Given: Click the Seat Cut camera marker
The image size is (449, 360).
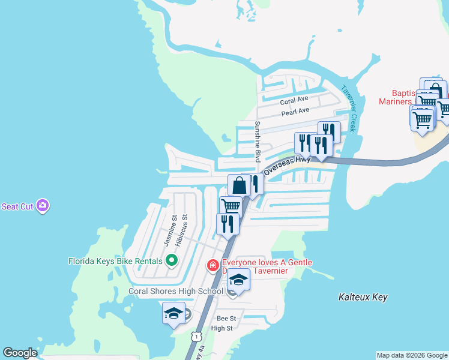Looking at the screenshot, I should coord(43,206).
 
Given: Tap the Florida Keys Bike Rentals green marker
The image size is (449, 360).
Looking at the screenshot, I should coord(172,261).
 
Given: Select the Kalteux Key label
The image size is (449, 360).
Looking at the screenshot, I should coord(363,297).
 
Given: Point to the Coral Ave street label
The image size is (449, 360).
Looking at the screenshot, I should coord(294,100).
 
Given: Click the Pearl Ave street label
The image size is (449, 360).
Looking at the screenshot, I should coord(295,112).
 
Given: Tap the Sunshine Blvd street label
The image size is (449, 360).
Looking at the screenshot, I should coord(257,141).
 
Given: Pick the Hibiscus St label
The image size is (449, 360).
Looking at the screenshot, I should coord(181,231).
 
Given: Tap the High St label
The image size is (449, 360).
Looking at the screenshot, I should coord(221,328).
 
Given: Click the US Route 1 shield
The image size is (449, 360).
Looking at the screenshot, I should coord(196,337).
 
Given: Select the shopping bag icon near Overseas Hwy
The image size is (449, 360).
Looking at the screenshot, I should coord(239,185).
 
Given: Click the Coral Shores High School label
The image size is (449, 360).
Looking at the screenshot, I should coord(176,292).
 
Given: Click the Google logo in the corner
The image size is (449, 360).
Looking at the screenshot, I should coord(20,353).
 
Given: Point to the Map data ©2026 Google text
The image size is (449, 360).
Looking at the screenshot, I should coord(411,355).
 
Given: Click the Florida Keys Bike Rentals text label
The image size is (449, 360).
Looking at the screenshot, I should coord(115,261).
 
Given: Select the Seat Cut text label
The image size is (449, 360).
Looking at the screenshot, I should coord(17,206).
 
